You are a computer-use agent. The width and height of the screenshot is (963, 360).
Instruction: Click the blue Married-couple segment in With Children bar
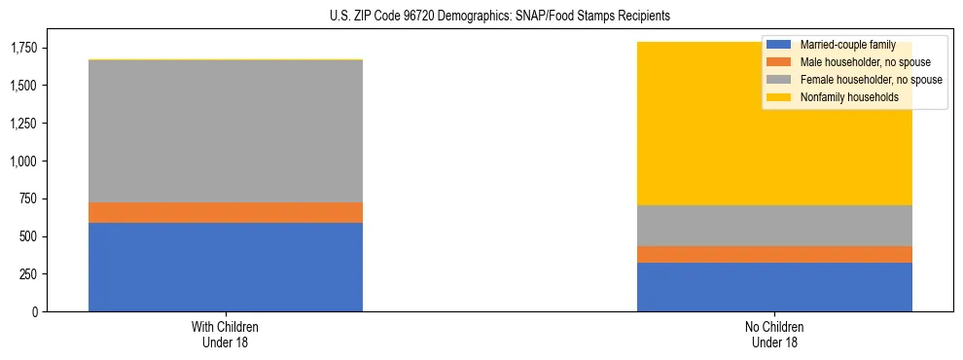[x=226, y=267]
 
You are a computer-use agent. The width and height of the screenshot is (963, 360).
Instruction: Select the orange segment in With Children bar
[x=226, y=212]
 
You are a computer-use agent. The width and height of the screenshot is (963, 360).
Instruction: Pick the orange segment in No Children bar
[x=774, y=254]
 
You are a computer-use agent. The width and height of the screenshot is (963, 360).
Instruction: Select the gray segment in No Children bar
[x=774, y=226]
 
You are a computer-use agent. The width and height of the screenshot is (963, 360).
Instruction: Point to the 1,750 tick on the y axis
[x=22, y=48]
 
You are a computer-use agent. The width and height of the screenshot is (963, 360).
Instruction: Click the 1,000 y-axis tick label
[x=22, y=161]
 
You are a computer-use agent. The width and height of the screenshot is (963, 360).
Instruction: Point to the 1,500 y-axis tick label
[x=22, y=86]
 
